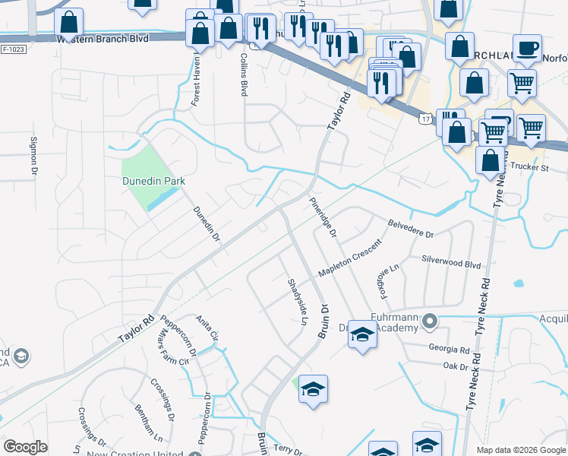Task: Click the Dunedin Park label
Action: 154,182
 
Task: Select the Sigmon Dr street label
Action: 33,155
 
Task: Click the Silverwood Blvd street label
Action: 452,263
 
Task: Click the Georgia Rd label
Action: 448,350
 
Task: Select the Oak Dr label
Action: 453,366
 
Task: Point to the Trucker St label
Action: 529,166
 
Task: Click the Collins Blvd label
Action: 244,74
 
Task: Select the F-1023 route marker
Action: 13,49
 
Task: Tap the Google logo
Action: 25,447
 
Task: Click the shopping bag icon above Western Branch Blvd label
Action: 69,25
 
